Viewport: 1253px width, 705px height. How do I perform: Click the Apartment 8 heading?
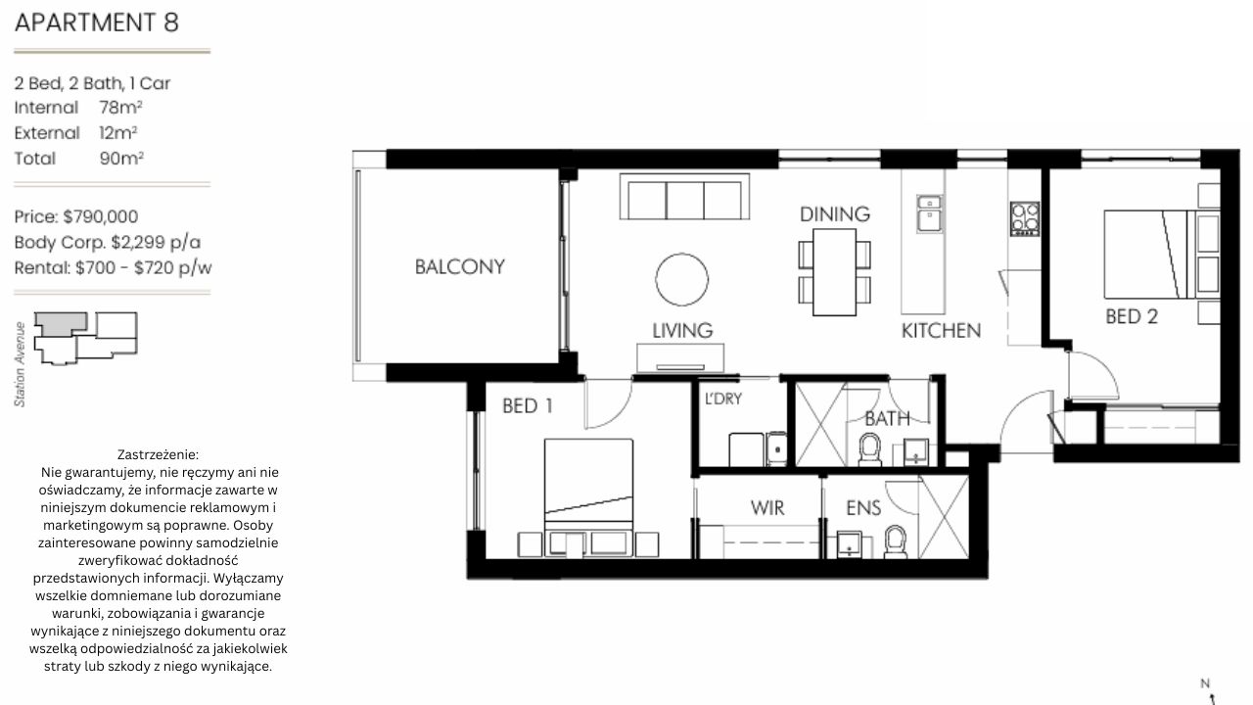(97, 23)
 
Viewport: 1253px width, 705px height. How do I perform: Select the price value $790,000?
(101, 216)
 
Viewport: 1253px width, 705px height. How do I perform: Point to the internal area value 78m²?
(120, 107)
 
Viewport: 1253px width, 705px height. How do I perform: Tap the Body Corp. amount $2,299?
(138, 242)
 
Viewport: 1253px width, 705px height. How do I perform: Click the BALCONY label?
(460, 267)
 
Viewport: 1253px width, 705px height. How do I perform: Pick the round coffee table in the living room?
(682, 279)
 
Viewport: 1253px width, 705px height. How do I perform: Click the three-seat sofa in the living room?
(684, 197)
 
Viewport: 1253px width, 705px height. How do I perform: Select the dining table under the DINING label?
(835, 272)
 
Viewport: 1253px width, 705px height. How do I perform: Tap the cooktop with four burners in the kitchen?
(1025, 218)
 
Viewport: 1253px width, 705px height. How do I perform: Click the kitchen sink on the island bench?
(930, 213)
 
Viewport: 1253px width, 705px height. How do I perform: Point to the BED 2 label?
(1132, 316)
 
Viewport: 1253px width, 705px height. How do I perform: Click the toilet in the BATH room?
(870, 449)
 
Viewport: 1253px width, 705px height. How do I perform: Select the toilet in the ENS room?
(896, 541)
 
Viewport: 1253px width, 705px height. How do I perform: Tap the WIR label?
(767, 508)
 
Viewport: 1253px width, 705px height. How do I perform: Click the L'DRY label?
(723, 399)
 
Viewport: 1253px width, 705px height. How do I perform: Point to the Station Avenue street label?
(21, 364)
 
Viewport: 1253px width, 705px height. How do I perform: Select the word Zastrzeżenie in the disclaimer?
(159, 454)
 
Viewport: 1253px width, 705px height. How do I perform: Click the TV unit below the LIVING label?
(680, 357)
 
